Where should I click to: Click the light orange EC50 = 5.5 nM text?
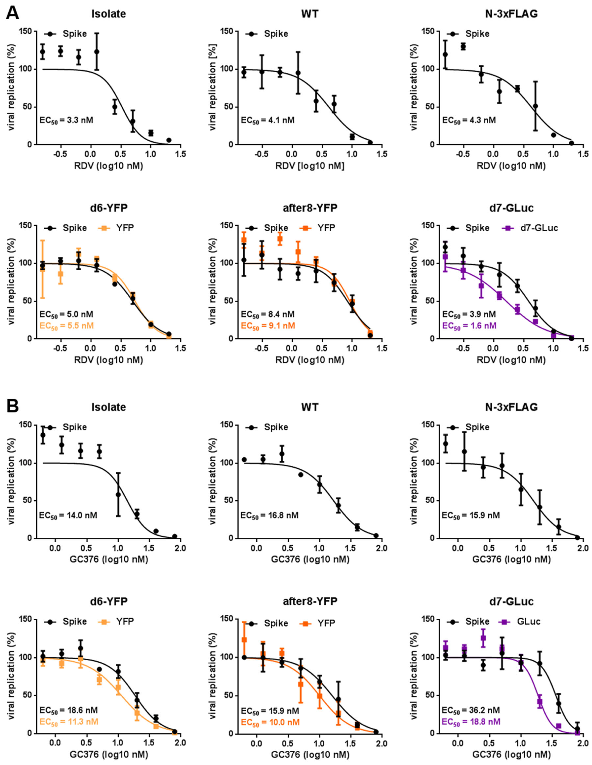[x=67, y=326]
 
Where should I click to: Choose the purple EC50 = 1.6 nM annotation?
[x=469, y=326]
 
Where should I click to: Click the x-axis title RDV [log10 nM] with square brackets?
[x=310, y=166]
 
